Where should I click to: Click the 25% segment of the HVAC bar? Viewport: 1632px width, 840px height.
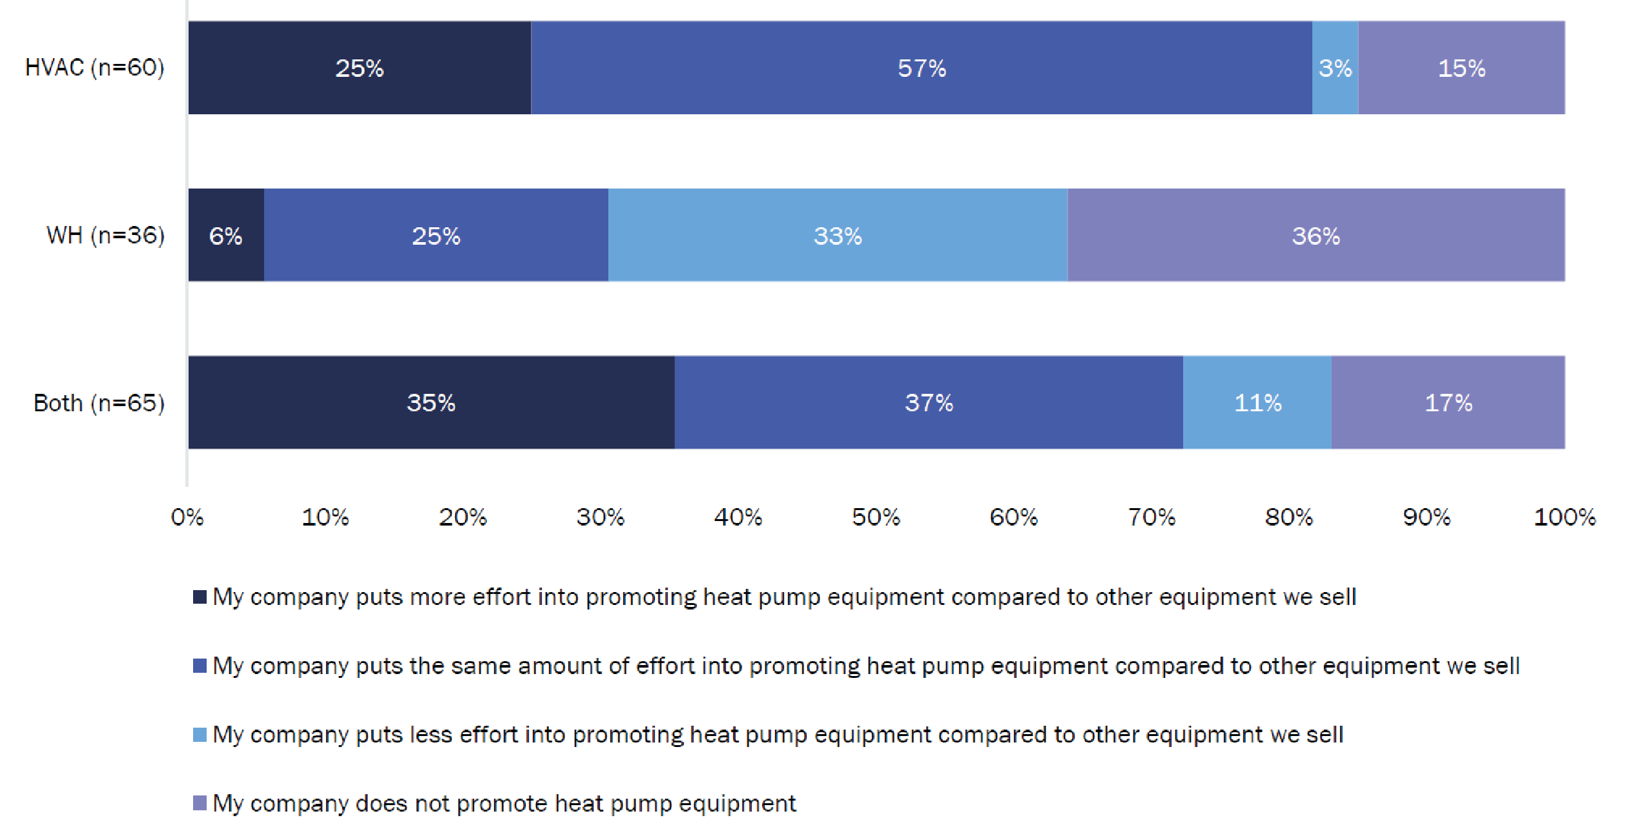click(359, 68)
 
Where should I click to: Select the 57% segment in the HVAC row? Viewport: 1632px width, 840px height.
click(922, 68)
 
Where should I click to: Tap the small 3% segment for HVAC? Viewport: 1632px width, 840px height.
click(1335, 68)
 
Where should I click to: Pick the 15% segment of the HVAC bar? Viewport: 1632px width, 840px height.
click(1462, 68)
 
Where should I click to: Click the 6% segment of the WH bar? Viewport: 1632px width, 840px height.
click(225, 236)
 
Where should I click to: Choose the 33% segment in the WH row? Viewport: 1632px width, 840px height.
click(838, 236)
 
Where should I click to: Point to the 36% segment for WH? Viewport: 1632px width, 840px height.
click(1316, 236)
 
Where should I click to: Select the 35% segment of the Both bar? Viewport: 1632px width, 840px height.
click(431, 403)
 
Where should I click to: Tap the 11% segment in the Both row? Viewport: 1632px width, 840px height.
click(1257, 403)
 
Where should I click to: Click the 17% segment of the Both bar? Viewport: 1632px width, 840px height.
click(1449, 403)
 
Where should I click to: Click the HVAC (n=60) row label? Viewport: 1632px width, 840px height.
click(95, 67)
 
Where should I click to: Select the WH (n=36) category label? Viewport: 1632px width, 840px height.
click(105, 235)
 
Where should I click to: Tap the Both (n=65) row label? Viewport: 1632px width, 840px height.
click(99, 403)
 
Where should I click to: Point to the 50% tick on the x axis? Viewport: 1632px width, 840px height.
click(876, 517)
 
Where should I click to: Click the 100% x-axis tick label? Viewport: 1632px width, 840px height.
click(1564, 517)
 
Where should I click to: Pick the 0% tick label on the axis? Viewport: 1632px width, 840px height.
click(187, 517)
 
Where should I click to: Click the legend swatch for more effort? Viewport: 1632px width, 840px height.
click(200, 597)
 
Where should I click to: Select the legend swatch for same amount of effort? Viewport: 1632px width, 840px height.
click(200, 666)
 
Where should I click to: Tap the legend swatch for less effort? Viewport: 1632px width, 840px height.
click(200, 735)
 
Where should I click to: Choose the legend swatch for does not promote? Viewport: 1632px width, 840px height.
click(200, 803)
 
